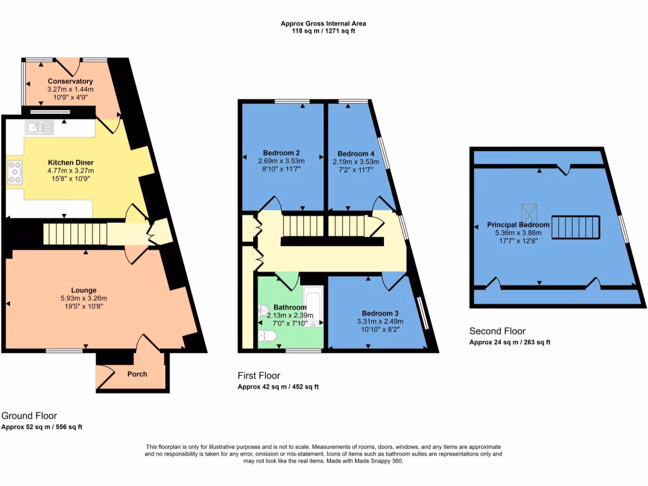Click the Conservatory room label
(70, 81)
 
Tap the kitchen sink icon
(39, 128)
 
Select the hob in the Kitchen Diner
(14, 172)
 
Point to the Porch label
(137, 374)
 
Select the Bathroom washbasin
(264, 311)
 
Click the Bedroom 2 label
(281, 153)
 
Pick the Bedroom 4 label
(352, 154)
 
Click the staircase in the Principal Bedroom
(575, 227)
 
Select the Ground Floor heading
(29, 416)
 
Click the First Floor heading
(259, 375)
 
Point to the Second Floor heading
(497, 331)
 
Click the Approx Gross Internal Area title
(323, 23)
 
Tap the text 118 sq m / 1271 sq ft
(323, 31)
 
